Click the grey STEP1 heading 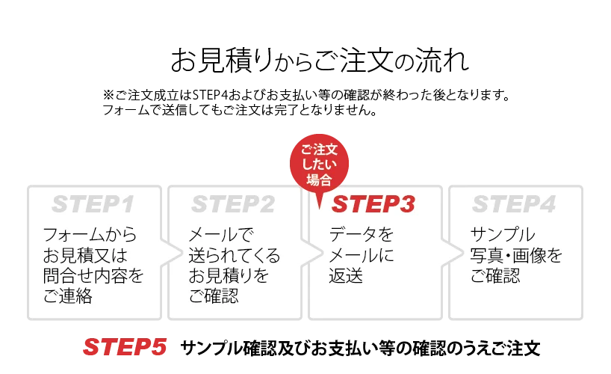tap(93, 204)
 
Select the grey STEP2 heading tap(233, 204)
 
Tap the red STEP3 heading tap(373, 204)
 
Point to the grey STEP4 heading tap(513, 204)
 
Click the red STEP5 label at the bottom tap(123, 347)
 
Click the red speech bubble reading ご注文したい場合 tap(319, 165)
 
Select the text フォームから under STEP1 tap(90, 234)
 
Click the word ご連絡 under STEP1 tap(69, 296)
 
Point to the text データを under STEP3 tap(362, 234)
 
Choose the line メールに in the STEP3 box tap(362, 255)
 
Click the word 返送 tap(346, 276)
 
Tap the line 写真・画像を tap(517, 255)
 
